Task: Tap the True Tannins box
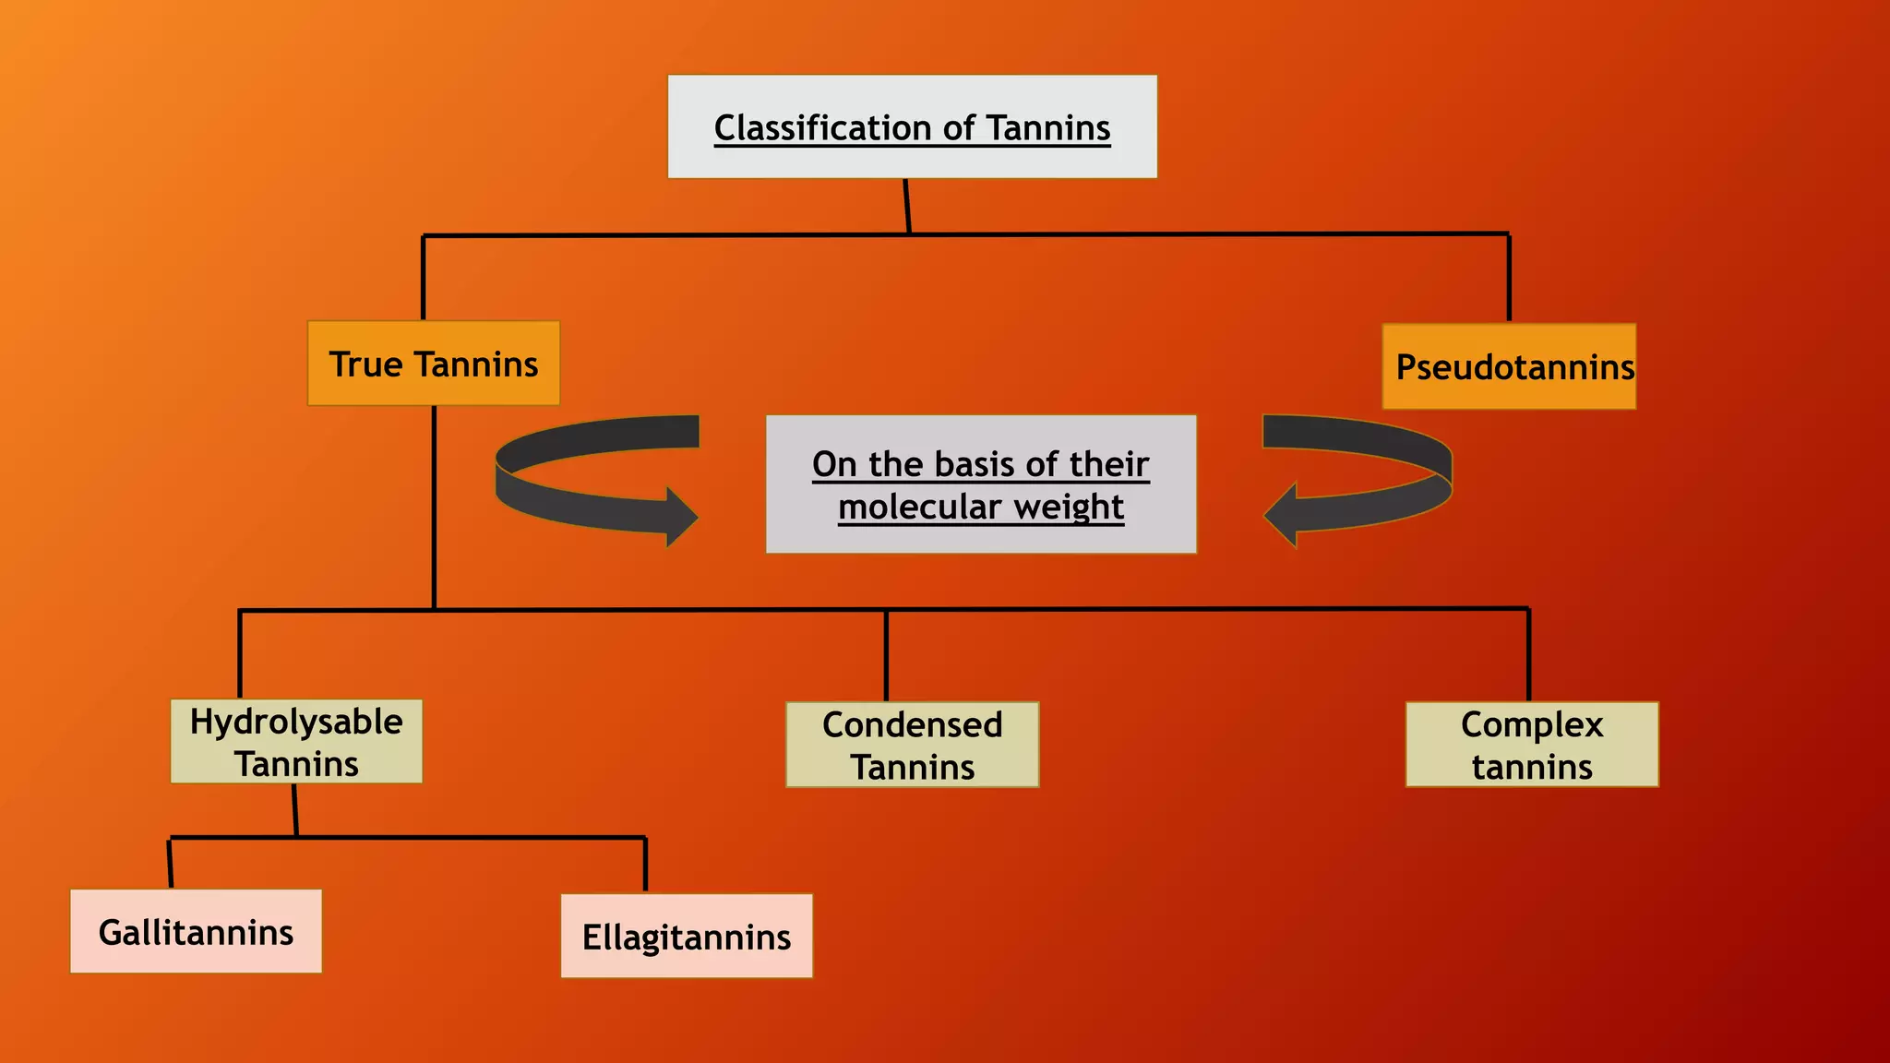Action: click(434, 364)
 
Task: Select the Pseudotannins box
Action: click(1509, 366)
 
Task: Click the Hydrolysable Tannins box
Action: click(296, 742)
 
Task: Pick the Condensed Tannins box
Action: click(912, 745)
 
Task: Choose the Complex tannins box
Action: click(1532, 745)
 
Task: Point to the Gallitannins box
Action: click(196, 931)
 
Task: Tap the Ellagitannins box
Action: click(687, 936)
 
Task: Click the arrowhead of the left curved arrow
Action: click(681, 517)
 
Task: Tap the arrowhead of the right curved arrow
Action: click(1281, 516)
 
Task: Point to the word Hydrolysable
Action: click(296, 722)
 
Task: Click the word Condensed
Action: click(912, 724)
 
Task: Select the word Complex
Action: click(1532, 724)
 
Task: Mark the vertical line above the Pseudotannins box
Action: click(1509, 277)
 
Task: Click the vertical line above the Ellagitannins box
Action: click(645, 865)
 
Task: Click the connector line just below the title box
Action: click(907, 206)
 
